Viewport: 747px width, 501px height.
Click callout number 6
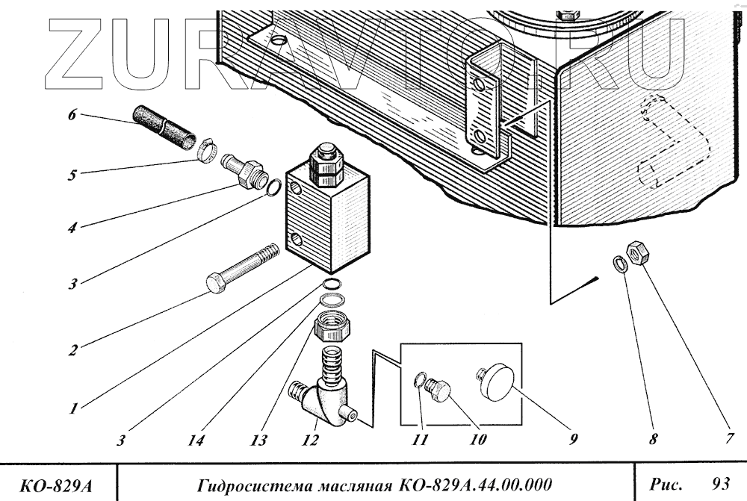tap(72, 116)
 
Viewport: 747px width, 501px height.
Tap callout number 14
tap(196, 440)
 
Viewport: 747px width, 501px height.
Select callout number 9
tap(573, 440)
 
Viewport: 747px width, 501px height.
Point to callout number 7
tap(729, 439)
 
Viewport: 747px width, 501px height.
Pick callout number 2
tap(72, 349)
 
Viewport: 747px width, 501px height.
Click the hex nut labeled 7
tap(637, 254)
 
